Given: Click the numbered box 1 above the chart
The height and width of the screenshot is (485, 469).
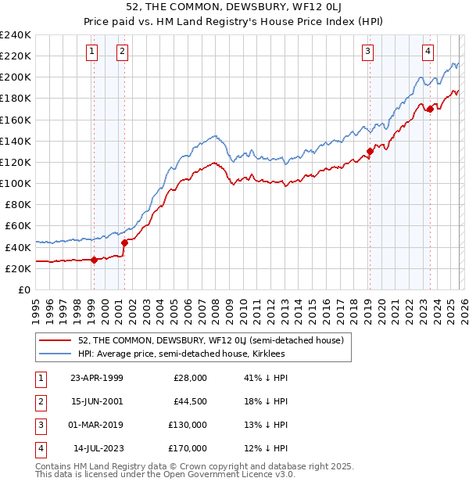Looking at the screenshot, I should point(92,52).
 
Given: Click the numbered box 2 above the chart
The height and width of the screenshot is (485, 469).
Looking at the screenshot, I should point(123,52).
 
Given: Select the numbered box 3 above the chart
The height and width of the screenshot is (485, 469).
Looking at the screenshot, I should point(367,52).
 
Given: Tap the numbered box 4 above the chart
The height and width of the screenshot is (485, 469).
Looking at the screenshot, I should point(428,52).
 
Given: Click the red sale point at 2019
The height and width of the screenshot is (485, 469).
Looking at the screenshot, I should point(370,152).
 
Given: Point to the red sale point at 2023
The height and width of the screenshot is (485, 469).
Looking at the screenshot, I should point(430,110).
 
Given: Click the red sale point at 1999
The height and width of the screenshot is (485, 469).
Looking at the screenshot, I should point(95,260).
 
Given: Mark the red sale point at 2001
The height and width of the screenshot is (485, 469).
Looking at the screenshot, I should point(124,242).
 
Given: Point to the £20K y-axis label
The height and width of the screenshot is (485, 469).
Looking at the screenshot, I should point(18,268).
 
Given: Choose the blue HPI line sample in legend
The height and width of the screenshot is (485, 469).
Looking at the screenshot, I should point(55,354).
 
